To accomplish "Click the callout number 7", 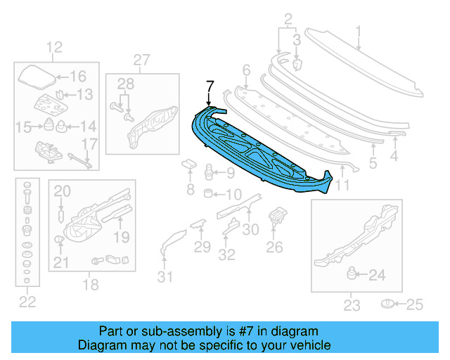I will coord(208,86).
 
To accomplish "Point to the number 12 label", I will coord(55,48).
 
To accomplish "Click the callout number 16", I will coord(77,77).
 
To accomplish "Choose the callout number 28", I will coord(125,85).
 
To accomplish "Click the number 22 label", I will coord(27,302).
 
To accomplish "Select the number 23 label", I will coord(352,304).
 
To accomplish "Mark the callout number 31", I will coord(164,276).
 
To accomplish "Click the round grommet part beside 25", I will coord(387,304).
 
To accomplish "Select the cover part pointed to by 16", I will coord(34,75).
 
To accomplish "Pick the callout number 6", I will coord(246,70).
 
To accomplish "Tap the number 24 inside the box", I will coord(377,276).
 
